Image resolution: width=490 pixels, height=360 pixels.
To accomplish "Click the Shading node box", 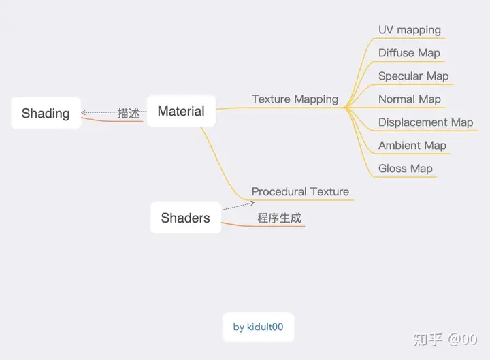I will point(46,113).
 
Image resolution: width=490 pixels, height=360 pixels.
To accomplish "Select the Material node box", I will point(181,111).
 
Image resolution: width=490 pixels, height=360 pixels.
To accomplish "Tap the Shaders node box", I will point(185,218).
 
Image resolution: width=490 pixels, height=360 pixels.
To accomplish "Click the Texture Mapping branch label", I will point(295,99).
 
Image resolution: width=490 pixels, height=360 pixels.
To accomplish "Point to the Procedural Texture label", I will point(300,191).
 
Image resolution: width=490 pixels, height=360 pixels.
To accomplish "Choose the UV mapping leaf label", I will point(410,30).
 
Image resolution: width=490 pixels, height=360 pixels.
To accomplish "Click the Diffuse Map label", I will point(409,53).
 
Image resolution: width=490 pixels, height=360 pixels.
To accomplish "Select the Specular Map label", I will point(413,76).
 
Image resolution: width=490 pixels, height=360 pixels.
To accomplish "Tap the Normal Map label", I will point(410,99).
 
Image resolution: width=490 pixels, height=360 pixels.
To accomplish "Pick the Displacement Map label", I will point(425,122).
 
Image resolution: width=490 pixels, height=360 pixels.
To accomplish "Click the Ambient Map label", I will point(412,146).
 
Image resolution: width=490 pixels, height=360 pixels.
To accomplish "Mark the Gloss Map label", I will point(406,169).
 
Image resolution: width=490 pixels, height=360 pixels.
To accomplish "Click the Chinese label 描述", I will point(128,113).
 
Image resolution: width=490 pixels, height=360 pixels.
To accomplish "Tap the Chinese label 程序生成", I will point(279,218).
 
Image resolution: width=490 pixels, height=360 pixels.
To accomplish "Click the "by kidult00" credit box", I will point(259,327).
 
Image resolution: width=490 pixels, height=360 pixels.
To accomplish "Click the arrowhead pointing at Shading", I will point(84,112).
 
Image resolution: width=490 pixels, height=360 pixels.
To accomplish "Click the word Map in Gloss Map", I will point(421,169).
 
